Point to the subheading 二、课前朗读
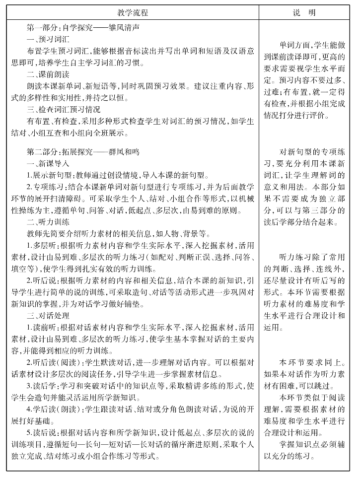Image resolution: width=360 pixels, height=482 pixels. [x=48, y=75]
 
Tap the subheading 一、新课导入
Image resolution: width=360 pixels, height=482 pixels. [x=48, y=163]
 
